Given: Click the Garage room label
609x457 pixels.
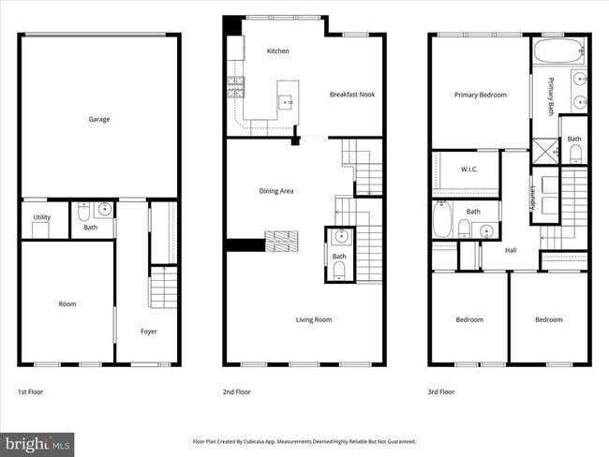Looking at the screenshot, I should tap(99, 119).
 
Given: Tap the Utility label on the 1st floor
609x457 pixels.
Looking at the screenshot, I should tap(42, 217).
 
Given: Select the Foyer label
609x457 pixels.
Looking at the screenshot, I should tap(149, 331).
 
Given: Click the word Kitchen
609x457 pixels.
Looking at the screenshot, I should tap(277, 51).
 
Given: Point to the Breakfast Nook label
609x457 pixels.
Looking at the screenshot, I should tap(351, 95).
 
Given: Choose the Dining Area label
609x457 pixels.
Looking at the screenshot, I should tap(276, 191).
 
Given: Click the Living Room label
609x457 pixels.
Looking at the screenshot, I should tap(314, 319).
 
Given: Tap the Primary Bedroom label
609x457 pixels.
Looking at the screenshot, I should tap(481, 95).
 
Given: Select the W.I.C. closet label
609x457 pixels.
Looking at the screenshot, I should tap(469, 170).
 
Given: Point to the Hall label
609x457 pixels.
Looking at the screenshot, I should tap(511, 250).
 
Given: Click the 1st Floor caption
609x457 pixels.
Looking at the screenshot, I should tap(31, 391).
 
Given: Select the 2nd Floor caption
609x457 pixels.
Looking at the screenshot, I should tap(237, 391).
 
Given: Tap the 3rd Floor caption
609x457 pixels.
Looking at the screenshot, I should tap(441, 391).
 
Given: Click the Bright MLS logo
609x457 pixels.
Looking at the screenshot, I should tap(37, 440).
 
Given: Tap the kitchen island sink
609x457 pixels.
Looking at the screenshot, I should tap(288, 97).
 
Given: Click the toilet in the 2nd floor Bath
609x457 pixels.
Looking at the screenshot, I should tap(339, 271).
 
